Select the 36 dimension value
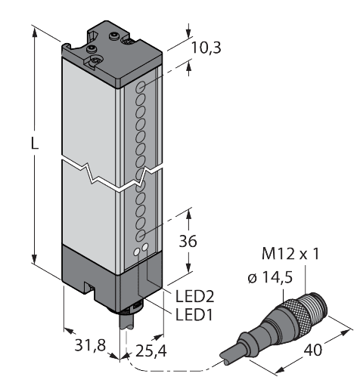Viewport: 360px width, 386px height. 187,242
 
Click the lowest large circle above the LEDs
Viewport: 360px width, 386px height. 141,235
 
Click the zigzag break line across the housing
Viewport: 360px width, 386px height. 113,174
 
